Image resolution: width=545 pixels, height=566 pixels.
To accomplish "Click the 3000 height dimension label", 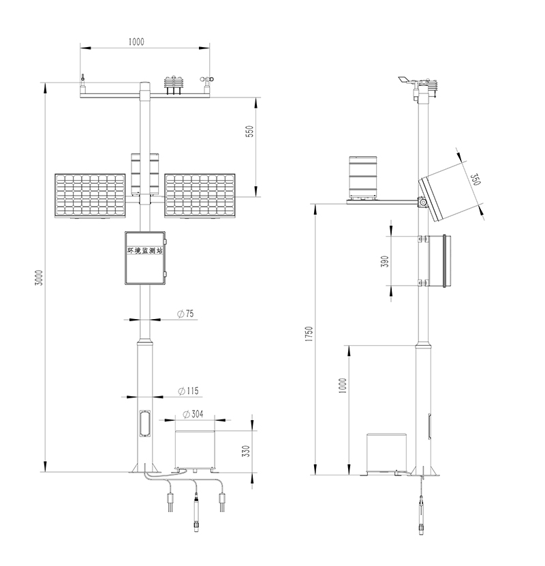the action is coord(39,278).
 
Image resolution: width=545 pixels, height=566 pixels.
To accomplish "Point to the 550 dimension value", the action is coord(249,132).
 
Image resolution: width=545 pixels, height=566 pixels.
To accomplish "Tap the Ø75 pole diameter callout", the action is coord(186,314).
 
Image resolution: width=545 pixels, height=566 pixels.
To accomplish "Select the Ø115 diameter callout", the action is coord(188,391).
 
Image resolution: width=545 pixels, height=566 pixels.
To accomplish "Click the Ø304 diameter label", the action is coord(193,414).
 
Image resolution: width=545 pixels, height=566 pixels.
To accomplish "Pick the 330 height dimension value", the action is coord(246,451).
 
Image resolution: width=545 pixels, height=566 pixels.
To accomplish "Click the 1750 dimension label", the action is coord(309,334).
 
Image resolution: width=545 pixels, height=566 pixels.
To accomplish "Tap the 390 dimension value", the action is coord(385,261).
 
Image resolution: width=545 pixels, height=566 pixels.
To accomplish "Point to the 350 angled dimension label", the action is coord(476,179).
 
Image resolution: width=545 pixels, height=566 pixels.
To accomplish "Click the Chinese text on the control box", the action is coord(145,250).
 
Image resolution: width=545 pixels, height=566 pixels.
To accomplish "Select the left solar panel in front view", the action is coord(90,196).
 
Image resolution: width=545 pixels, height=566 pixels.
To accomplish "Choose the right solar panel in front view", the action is coord(200,196).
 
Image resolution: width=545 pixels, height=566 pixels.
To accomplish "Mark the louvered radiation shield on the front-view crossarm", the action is coord(173,85).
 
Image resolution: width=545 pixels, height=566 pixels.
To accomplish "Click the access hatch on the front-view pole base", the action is coord(145,423).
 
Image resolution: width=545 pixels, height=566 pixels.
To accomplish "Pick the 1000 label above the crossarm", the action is coord(136,42).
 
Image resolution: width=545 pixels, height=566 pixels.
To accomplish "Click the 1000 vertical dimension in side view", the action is coord(343,385).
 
